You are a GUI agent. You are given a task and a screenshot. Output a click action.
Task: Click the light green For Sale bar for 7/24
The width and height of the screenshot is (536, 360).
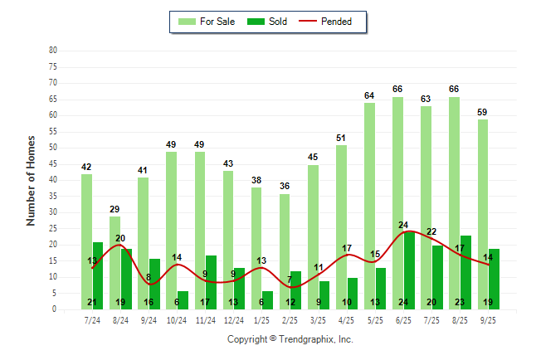[x=86, y=241]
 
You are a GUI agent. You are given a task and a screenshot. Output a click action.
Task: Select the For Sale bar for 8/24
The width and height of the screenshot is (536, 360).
[x=115, y=262]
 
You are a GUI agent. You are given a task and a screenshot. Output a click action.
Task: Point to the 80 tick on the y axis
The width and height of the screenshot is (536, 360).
[x=53, y=50]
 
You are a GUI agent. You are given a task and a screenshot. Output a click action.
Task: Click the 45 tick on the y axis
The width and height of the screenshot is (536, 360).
[x=53, y=163]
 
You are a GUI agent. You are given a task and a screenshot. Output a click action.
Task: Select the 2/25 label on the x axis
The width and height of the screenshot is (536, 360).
[x=290, y=319]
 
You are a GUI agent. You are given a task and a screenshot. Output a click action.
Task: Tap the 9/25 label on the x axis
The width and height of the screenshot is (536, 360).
[x=489, y=319]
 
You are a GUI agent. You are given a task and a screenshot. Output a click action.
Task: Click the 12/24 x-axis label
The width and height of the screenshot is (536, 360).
[x=233, y=319]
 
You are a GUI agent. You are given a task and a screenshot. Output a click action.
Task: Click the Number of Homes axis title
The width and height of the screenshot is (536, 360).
[x=31, y=180]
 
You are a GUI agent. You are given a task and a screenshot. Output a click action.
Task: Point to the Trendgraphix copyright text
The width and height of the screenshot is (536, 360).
[x=290, y=339]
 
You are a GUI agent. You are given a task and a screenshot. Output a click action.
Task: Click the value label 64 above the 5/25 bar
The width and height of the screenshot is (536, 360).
[x=369, y=96]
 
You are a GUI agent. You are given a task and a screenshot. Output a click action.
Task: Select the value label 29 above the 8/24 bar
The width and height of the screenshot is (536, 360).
[x=115, y=209]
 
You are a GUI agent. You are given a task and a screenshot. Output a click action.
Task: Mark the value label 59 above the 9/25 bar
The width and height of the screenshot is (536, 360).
[x=483, y=112]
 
